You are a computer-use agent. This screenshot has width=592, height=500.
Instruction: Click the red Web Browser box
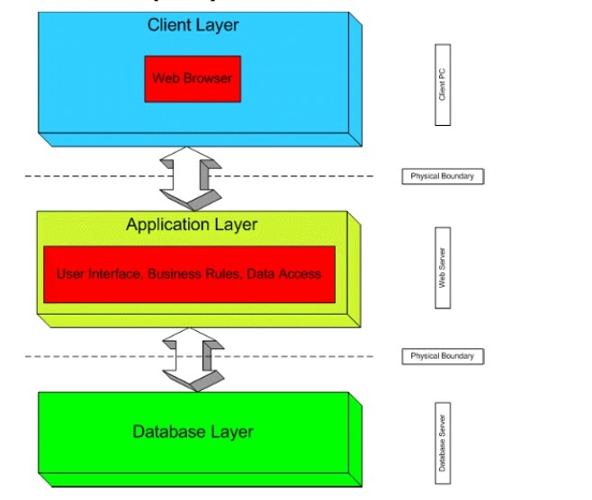point(192,78)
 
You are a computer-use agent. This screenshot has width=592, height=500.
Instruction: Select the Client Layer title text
point(193,25)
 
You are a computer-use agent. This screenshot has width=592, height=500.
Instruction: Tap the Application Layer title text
point(192,225)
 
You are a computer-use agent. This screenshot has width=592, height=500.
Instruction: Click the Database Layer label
point(193,432)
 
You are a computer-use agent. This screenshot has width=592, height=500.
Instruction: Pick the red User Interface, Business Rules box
point(189,273)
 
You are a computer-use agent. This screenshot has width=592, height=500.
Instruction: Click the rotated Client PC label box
point(443,85)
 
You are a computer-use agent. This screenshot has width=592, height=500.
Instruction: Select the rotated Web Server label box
point(443,267)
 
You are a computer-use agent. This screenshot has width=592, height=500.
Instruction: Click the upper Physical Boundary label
point(442,176)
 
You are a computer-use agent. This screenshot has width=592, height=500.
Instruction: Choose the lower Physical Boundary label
point(442,356)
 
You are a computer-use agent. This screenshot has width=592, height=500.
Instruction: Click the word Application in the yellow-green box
point(166,225)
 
